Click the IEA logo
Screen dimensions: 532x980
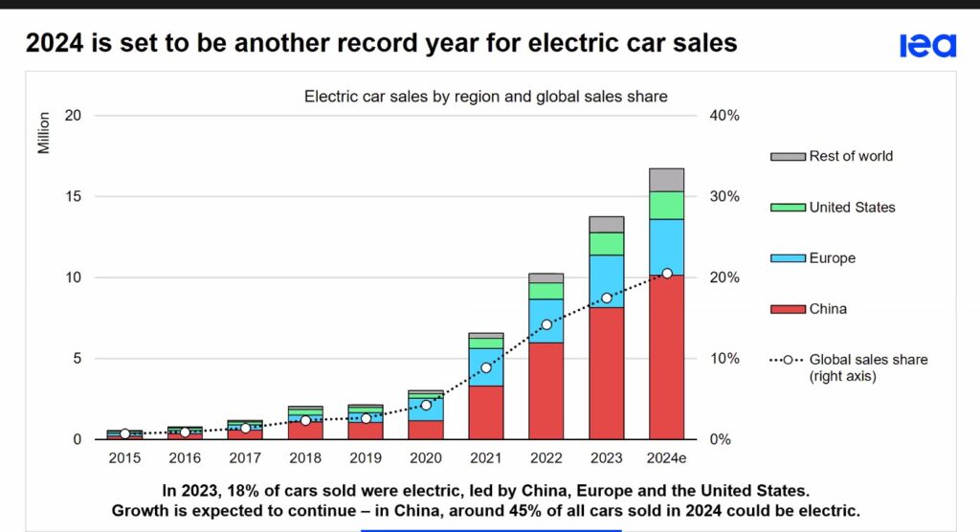[926, 45]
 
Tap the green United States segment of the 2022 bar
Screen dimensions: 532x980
[546, 291]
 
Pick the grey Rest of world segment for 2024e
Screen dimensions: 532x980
[666, 180]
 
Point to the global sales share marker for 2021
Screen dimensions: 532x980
[486, 367]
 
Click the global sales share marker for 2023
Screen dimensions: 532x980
[607, 299]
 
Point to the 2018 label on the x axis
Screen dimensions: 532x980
[305, 458]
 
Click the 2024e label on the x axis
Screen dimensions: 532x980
[667, 458]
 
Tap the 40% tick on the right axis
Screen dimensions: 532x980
[724, 116]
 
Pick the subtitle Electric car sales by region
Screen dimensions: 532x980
[485, 96]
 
